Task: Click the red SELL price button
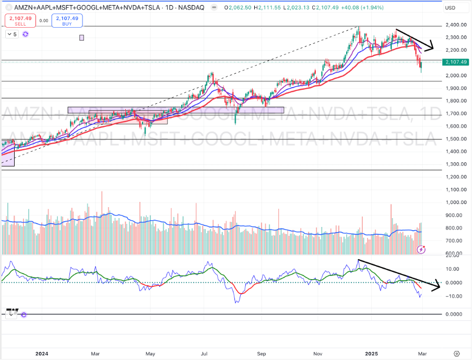[x=17, y=20]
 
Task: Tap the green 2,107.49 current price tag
[x=455, y=62]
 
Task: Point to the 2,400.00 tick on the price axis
[x=455, y=25]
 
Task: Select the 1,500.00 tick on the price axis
[x=455, y=139]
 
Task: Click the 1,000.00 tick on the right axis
[x=455, y=202]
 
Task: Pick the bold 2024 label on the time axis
[x=42, y=353]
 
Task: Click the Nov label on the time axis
[x=317, y=353]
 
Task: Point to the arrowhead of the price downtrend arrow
[x=431, y=47]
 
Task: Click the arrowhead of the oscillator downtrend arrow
[x=438, y=286]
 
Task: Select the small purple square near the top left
[x=81, y=38]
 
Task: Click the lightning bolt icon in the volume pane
[x=421, y=250]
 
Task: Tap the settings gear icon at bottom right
[x=457, y=353]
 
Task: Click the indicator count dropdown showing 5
[x=12, y=34]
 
